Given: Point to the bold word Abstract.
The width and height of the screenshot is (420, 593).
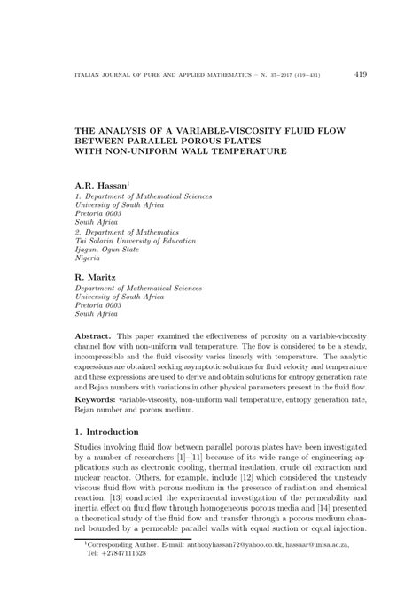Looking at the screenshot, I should click(93, 338).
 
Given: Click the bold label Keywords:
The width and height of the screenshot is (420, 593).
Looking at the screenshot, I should click(101, 399).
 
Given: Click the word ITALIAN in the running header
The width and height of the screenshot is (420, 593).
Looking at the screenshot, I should click(74, 76).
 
